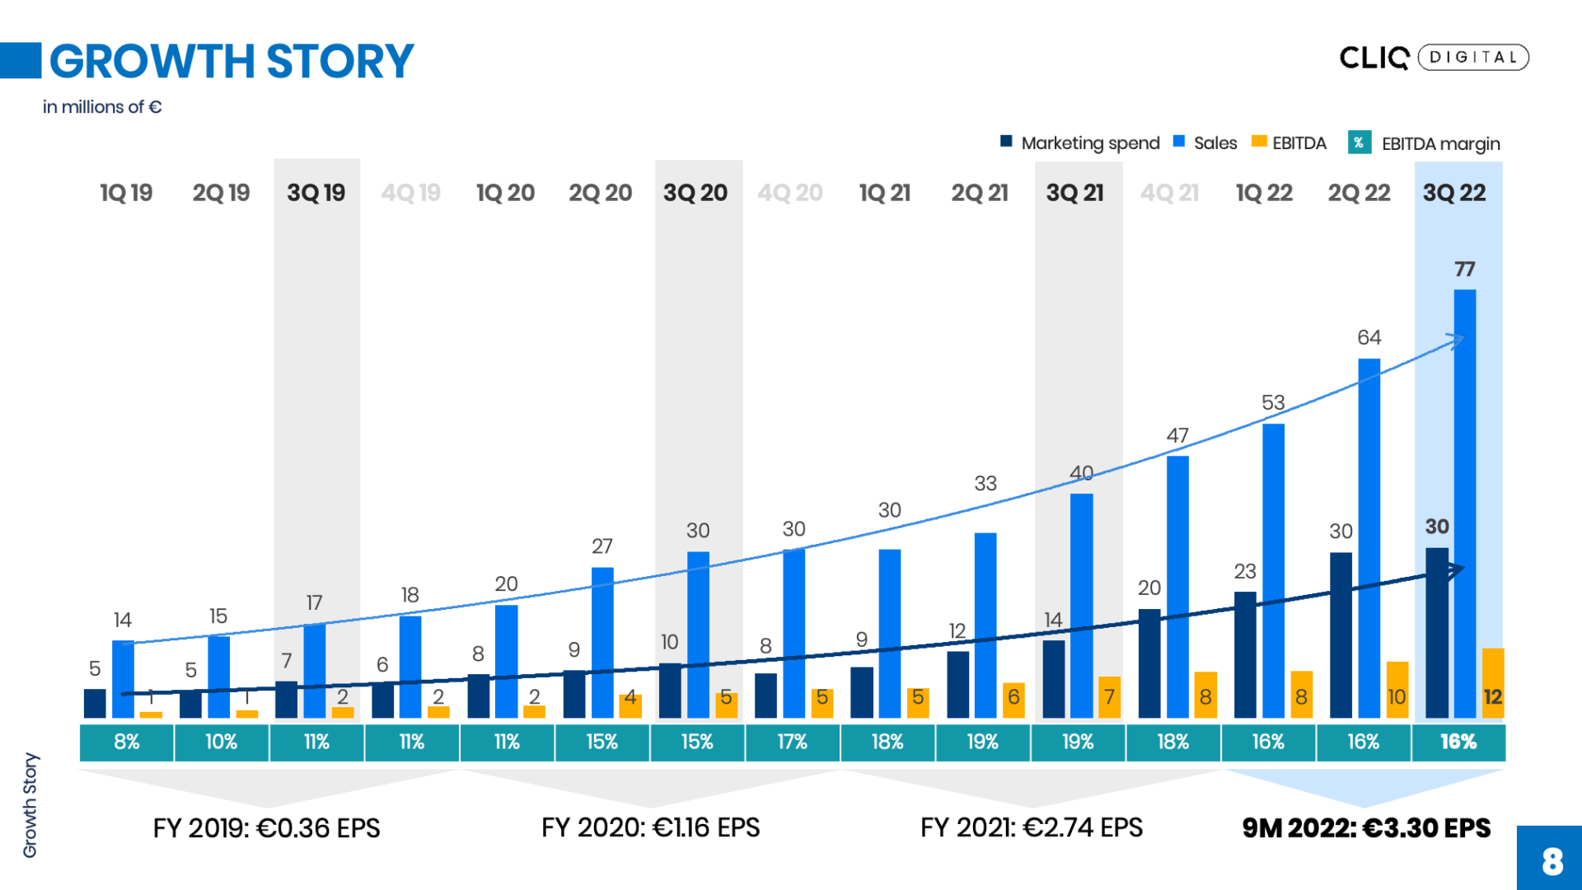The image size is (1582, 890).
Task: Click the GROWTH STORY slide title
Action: click(231, 61)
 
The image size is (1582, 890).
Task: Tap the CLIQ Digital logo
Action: click(1434, 57)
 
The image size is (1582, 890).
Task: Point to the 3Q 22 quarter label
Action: click(1454, 193)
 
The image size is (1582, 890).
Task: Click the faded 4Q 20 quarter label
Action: click(789, 193)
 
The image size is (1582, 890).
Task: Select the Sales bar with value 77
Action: click(1465, 503)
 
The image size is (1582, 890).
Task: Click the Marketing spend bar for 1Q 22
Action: click(1245, 655)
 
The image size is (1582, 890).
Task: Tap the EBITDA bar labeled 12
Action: click(1493, 684)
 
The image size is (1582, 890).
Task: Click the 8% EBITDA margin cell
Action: click(127, 742)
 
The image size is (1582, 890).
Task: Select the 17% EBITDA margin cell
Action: click(793, 742)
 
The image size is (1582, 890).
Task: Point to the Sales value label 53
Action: click(1273, 402)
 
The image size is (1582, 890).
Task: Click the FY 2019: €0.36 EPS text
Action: click(266, 827)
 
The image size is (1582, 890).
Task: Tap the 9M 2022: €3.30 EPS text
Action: click(1366, 827)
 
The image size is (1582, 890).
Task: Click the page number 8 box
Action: click(1551, 860)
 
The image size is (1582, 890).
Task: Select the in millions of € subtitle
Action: click(102, 107)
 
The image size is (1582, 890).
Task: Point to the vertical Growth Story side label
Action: click(30, 805)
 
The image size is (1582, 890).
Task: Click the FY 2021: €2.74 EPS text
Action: click(1032, 827)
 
